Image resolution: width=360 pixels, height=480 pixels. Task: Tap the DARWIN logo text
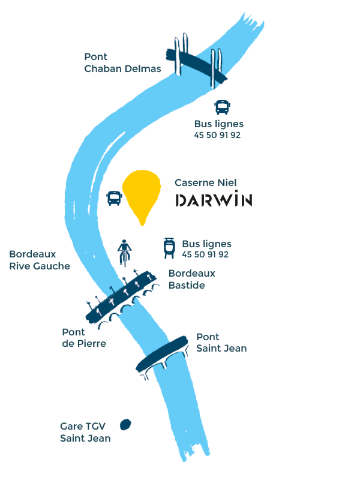point(213,200)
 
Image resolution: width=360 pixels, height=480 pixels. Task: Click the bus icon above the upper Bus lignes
point(222,107)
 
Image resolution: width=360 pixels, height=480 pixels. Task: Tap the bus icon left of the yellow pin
point(114,198)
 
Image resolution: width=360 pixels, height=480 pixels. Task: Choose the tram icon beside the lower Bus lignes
point(170,248)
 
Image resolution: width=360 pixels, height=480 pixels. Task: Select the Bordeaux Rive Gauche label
point(40,260)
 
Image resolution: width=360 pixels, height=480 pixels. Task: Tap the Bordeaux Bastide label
point(191,279)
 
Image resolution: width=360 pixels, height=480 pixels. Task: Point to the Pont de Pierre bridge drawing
point(123,298)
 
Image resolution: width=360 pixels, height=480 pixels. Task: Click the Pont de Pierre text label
point(83,338)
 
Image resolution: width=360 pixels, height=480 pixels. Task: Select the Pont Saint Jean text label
point(221,343)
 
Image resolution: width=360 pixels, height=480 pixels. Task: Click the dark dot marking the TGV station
point(126,424)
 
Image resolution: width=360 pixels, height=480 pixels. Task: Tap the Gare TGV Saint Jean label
point(85,432)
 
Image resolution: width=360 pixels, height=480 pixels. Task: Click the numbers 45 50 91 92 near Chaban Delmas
point(217,135)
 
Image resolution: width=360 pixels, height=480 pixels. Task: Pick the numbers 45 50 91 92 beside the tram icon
point(205,254)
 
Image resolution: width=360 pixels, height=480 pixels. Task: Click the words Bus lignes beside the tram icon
point(206,244)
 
